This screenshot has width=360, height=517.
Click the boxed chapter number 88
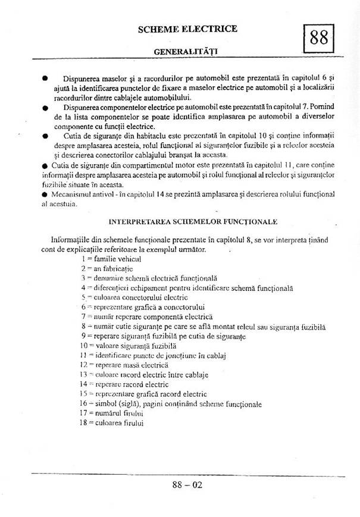coord(318,38)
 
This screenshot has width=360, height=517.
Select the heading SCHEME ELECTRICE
coord(187,29)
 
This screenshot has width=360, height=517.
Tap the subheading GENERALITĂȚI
coord(185,51)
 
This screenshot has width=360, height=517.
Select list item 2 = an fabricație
coord(107,268)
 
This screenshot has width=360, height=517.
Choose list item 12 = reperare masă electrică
coord(123,365)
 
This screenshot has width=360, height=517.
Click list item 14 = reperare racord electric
coord(124,384)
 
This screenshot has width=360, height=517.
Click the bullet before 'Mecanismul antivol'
coord(44,194)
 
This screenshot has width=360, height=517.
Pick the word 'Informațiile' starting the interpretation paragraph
coord(73,240)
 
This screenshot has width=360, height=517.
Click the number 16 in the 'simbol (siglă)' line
coord(83,403)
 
